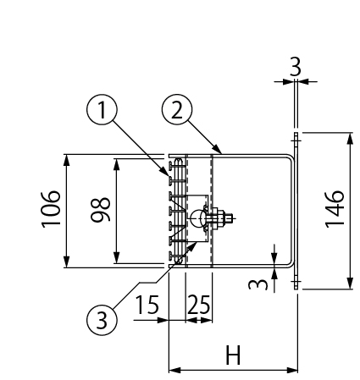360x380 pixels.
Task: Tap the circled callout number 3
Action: (x=102, y=319)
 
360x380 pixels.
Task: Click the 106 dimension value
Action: (x=53, y=210)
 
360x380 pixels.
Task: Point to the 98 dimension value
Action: (x=102, y=210)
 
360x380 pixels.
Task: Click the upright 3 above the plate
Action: (x=295, y=67)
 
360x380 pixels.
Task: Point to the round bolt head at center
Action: (x=197, y=218)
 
